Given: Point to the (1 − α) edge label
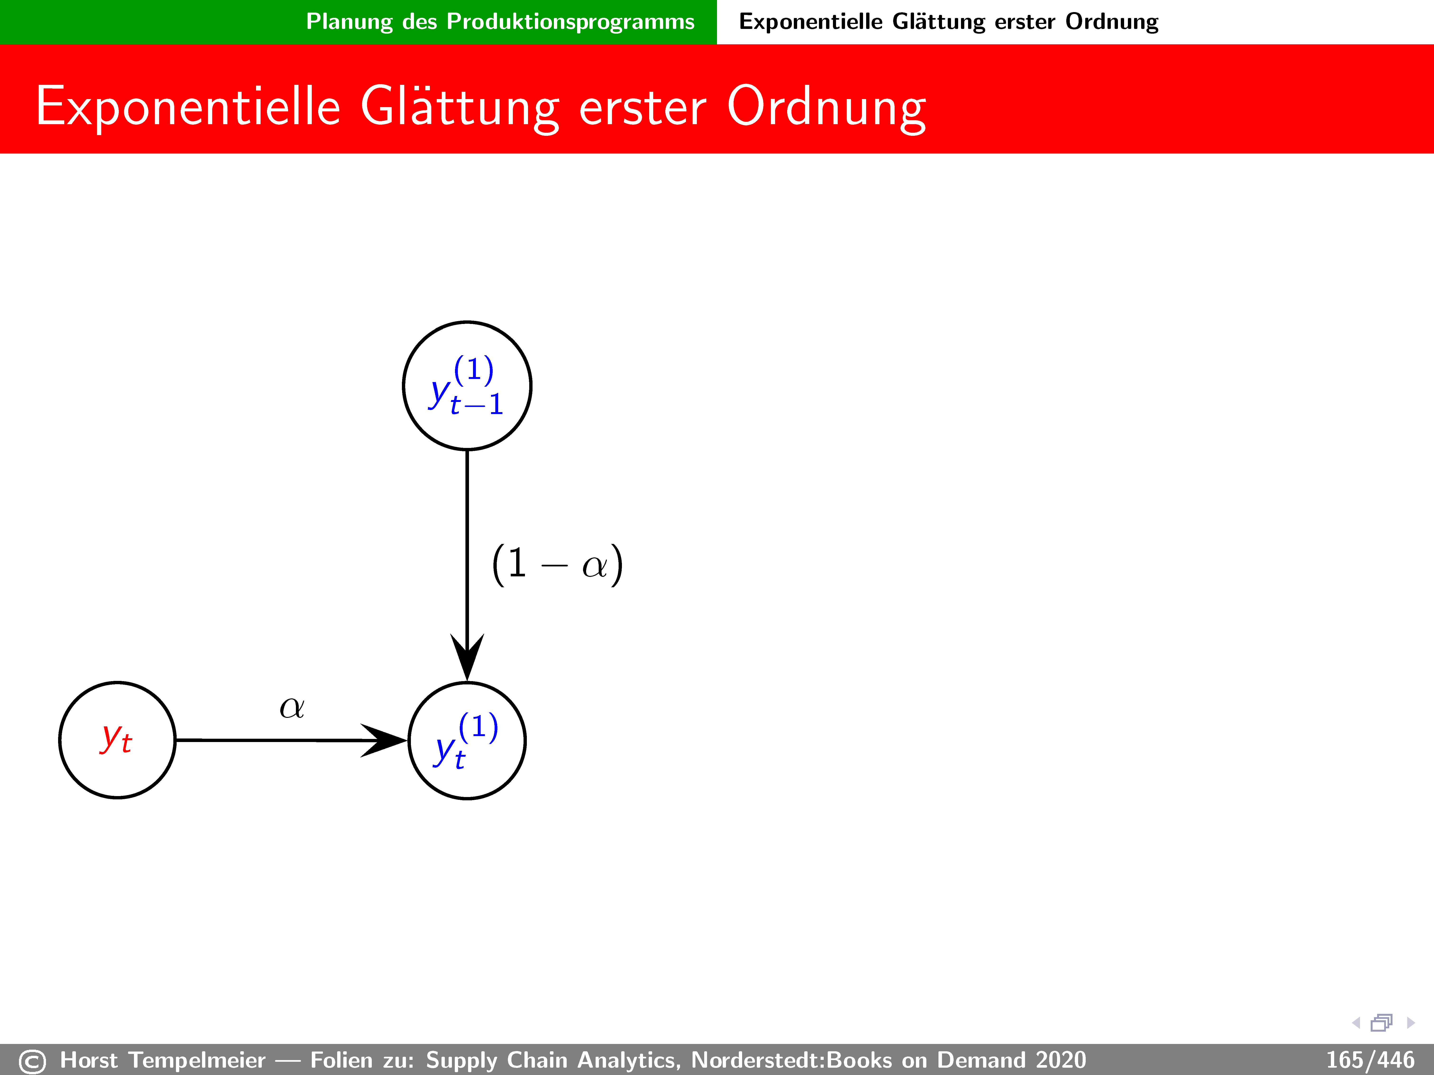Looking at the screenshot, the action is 557,564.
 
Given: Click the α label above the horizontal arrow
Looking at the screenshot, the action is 292,707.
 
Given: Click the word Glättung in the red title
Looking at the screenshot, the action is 460,107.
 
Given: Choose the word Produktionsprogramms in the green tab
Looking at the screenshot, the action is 570,22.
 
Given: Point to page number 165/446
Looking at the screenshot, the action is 1370,1060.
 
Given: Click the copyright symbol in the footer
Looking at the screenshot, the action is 32,1061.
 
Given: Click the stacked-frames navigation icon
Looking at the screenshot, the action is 1382,1023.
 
